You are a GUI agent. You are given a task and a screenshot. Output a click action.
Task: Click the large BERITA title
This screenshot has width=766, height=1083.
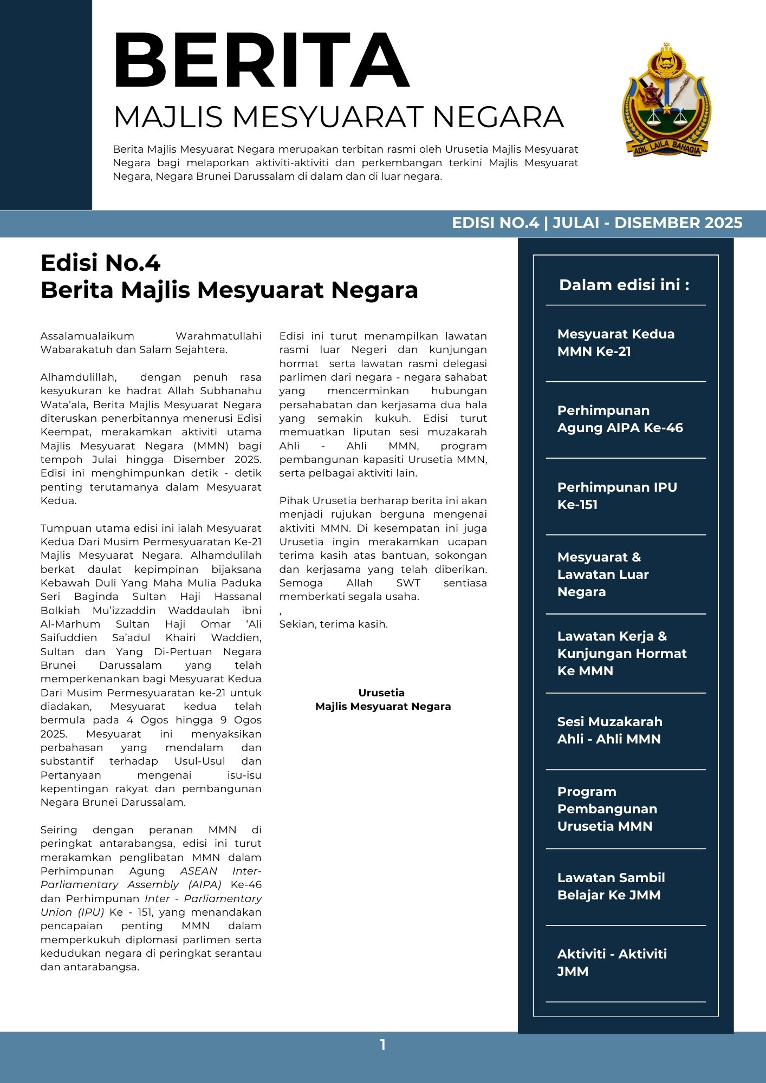[261, 61]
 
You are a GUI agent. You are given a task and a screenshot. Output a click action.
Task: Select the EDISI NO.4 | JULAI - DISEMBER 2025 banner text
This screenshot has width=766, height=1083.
[597, 223]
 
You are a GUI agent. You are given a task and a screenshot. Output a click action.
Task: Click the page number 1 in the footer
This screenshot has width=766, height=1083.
[382, 1045]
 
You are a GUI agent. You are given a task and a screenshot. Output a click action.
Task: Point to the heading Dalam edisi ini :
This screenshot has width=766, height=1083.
[624, 285]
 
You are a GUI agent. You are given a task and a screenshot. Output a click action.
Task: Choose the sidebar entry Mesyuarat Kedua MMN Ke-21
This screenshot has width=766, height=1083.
[616, 342]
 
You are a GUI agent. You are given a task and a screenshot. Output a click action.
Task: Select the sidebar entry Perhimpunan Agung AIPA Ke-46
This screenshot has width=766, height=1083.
[620, 419]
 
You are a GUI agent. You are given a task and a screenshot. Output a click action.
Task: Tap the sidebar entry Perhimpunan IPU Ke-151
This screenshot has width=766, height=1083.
[617, 495]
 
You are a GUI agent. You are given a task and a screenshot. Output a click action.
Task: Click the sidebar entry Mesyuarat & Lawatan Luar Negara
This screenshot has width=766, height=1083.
[602, 574]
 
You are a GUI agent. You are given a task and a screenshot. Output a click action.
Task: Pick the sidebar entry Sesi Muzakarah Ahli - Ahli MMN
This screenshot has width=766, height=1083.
[609, 730]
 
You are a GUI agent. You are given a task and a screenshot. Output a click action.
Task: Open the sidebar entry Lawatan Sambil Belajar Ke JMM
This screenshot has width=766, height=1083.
[611, 886]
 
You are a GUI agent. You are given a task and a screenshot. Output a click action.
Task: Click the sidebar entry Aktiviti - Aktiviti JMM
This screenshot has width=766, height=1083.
[612, 962]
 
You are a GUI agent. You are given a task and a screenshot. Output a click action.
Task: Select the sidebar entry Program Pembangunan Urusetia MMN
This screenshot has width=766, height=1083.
[607, 808]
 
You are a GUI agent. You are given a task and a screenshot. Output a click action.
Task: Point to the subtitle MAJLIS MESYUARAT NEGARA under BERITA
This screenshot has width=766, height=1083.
[339, 117]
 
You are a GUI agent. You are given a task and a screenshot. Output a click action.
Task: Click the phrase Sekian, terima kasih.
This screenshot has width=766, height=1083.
[333, 624]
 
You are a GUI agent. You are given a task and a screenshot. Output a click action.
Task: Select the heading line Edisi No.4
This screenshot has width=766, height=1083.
[100, 263]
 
